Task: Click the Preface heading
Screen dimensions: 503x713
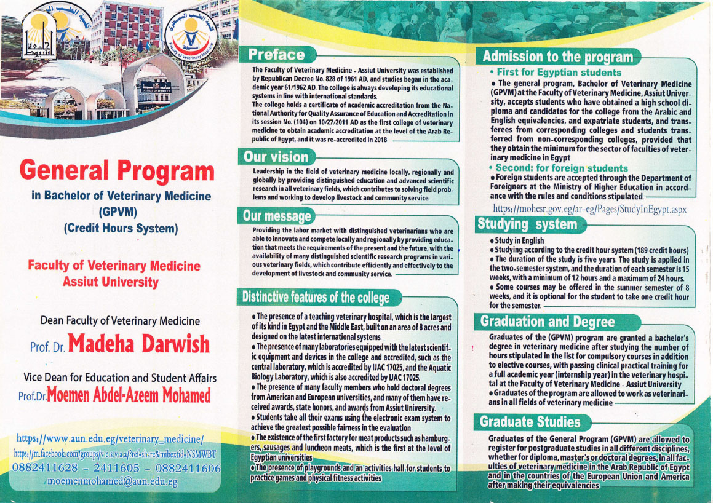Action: pos(276,55)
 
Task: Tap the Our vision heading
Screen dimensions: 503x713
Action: pos(276,157)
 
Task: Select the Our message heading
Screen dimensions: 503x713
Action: pos(277,216)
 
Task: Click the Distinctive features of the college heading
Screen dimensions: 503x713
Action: pos(316,298)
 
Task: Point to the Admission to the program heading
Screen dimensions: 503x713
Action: pos(557,57)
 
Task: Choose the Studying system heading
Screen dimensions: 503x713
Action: pos(527,224)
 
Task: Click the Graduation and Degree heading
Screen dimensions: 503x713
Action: pos(547,322)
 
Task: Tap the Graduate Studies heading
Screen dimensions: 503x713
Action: pos(530,422)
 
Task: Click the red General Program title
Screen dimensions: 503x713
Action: pos(117,170)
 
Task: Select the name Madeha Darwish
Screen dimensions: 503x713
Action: pos(139,344)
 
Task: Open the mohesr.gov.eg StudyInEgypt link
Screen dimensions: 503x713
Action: pos(590,209)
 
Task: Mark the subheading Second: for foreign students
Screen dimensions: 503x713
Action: pos(562,168)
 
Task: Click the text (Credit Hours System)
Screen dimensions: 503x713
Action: pos(121,228)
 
